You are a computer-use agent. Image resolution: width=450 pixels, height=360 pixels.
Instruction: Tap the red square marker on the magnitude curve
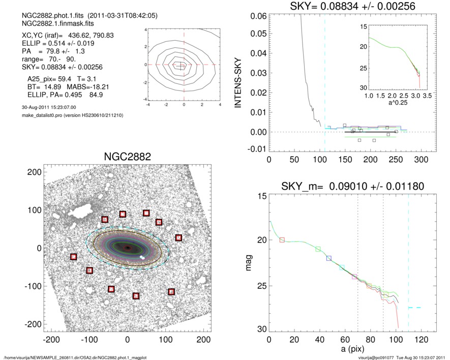(x=282, y=239)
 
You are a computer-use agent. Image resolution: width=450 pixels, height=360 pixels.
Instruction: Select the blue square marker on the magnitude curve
(x=329, y=258)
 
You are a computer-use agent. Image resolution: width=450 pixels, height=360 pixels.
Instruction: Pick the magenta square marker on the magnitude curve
(x=354, y=277)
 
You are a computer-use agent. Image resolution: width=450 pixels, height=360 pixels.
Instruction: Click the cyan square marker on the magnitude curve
(x=342, y=267)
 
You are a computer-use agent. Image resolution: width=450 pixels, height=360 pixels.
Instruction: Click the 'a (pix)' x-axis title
(x=351, y=351)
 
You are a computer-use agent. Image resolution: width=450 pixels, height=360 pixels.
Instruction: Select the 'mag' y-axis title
(x=249, y=263)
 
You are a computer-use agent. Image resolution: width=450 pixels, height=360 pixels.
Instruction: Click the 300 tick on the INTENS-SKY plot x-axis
(x=421, y=159)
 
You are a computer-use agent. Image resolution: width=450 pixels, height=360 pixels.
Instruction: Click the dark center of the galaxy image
(x=128, y=248)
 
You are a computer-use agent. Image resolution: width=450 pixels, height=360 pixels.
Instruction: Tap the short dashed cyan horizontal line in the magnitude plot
(x=414, y=308)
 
